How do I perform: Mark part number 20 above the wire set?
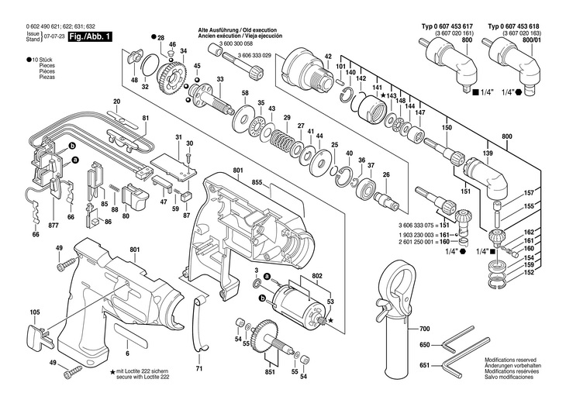coord(116,102)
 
